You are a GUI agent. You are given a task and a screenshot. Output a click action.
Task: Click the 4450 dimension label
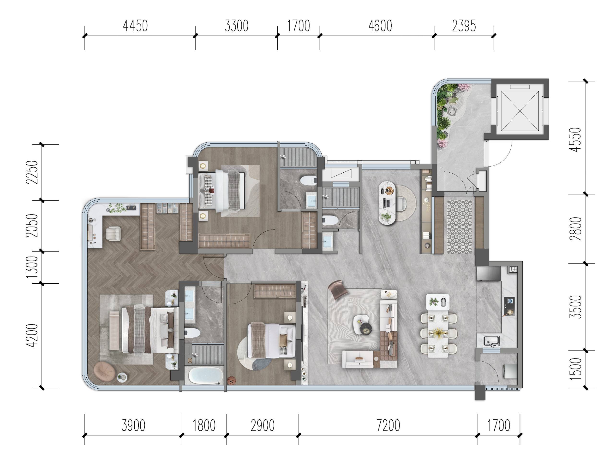[x=135, y=26]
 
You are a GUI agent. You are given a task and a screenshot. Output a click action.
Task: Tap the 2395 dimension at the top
[x=464, y=26]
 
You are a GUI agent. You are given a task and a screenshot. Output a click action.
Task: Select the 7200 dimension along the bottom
[x=388, y=425]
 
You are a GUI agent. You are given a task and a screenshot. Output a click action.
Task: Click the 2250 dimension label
[x=31, y=172]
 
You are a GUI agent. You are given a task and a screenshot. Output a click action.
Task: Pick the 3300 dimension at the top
[x=236, y=26]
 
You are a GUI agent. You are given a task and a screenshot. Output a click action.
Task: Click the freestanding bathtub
[x=206, y=375]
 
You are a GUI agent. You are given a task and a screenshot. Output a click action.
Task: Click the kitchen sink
[x=491, y=341]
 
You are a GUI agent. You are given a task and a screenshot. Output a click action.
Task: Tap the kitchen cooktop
[x=509, y=305]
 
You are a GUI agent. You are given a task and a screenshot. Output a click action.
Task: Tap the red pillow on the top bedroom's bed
[x=212, y=191]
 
